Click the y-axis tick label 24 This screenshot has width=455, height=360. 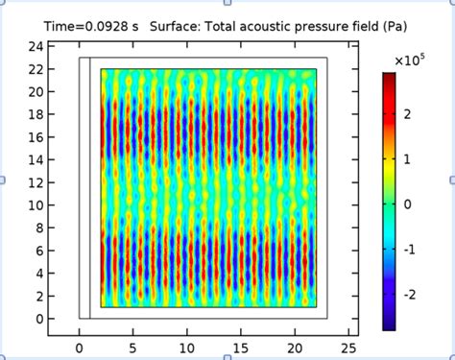pos(35,46)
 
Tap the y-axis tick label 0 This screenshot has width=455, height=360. pos(38,319)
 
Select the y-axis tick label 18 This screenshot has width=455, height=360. pos(35,114)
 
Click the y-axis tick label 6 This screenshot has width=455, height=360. pos(38,251)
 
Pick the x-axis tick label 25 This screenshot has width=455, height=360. pos(350,348)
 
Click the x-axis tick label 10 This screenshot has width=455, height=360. pos(187,348)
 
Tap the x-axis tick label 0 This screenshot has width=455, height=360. pos(79,348)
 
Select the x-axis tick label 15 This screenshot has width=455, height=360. pos(242,348)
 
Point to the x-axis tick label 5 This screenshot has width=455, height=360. pos(133,348)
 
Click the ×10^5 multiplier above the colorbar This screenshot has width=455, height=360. pos(410,60)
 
